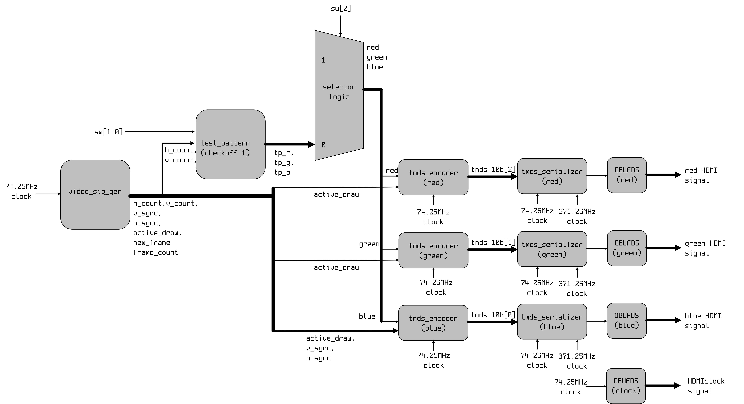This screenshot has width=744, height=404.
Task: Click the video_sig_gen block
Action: (x=95, y=194)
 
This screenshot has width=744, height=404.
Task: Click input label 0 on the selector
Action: (x=323, y=145)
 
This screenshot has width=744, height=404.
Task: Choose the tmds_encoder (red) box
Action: (x=433, y=177)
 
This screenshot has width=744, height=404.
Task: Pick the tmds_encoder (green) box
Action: (x=433, y=250)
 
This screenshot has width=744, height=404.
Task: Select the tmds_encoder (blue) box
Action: (x=433, y=323)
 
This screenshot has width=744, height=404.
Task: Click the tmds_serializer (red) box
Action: (x=552, y=176)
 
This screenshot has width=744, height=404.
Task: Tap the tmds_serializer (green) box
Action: (x=552, y=249)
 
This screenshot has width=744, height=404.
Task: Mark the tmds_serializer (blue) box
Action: (x=552, y=322)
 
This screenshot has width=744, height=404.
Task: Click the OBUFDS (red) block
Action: (x=627, y=175)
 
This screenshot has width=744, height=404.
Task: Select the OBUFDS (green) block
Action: (x=627, y=248)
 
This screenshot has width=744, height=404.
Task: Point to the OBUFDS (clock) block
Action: (x=626, y=386)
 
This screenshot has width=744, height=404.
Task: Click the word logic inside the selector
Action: (x=339, y=97)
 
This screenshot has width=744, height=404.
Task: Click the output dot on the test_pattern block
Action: (x=265, y=144)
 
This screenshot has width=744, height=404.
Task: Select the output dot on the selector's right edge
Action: (x=363, y=89)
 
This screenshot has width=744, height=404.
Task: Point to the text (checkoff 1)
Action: (x=225, y=153)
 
